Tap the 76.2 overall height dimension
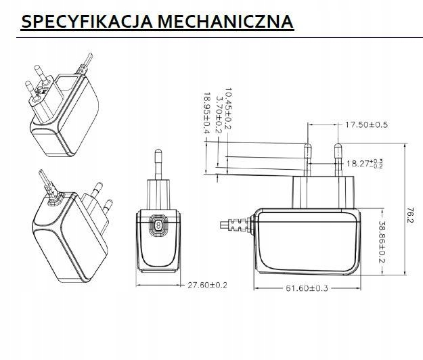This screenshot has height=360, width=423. click(x=409, y=217)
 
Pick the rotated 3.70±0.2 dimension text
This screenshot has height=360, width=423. click(x=219, y=114)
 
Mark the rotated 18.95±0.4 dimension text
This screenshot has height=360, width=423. click(x=207, y=115)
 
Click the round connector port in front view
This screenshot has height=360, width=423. click(x=158, y=225)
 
